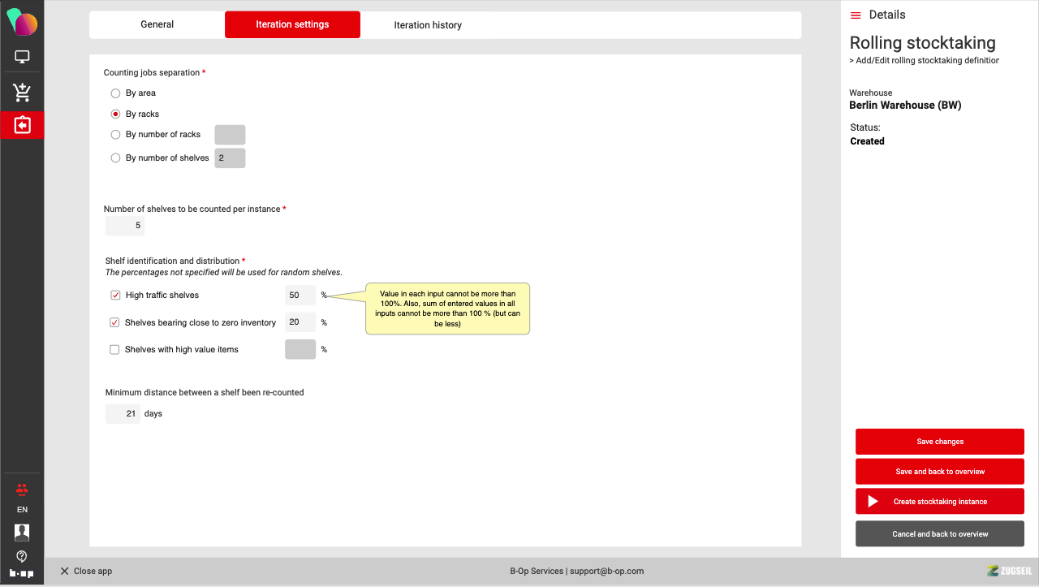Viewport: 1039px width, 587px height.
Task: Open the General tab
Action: coord(157,24)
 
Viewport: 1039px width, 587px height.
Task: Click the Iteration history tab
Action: coord(428,25)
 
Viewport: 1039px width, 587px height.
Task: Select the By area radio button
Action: coord(115,93)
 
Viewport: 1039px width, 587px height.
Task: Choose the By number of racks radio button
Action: coord(115,135)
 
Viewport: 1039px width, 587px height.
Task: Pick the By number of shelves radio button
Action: coord(115,158)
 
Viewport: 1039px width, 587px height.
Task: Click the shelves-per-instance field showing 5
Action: coord(125,226)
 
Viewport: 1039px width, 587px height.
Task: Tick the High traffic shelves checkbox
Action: coord(115,296)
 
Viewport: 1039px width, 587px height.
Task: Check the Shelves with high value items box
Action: coord(114,349)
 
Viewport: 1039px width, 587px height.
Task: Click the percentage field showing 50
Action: coord(300,296)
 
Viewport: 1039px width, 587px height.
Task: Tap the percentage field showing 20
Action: coord(300,322)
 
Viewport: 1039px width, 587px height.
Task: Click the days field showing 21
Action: coord(123,413)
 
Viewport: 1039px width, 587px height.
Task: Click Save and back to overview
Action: coord(940,472)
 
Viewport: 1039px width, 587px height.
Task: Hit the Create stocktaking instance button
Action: coord(940,501)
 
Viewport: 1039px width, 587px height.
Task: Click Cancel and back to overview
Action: coord(940,533)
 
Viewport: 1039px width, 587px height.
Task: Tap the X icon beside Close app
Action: coord(64,571)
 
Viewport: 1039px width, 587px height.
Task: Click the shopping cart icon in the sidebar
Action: coord(22,92)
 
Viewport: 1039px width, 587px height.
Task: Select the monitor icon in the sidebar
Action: coord(22,57)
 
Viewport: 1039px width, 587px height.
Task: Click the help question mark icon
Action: coord(22,556)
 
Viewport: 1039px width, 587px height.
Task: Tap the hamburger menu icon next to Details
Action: coord(856,15)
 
